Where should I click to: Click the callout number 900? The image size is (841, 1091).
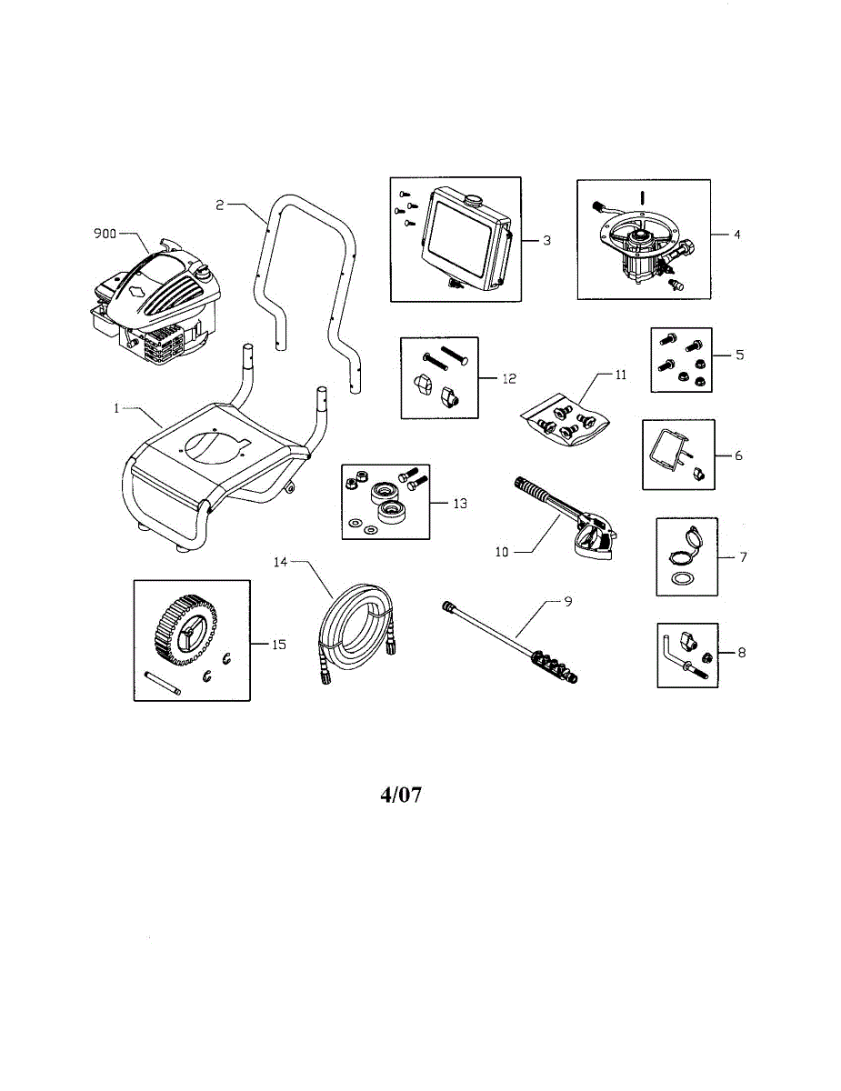pos(105,233)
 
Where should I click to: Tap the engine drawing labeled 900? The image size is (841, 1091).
pos(155,300)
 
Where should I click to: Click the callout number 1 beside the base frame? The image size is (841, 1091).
pos(117,408)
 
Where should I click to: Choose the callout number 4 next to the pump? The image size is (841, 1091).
pos(737,235)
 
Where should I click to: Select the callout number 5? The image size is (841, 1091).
pos(739,355)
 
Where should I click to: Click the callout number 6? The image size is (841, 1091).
pos(738,455)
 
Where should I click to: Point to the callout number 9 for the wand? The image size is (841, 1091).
pos(567,602)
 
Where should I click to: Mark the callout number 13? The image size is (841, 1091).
pos(459,503)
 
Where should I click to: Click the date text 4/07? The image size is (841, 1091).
pos(401,795)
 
